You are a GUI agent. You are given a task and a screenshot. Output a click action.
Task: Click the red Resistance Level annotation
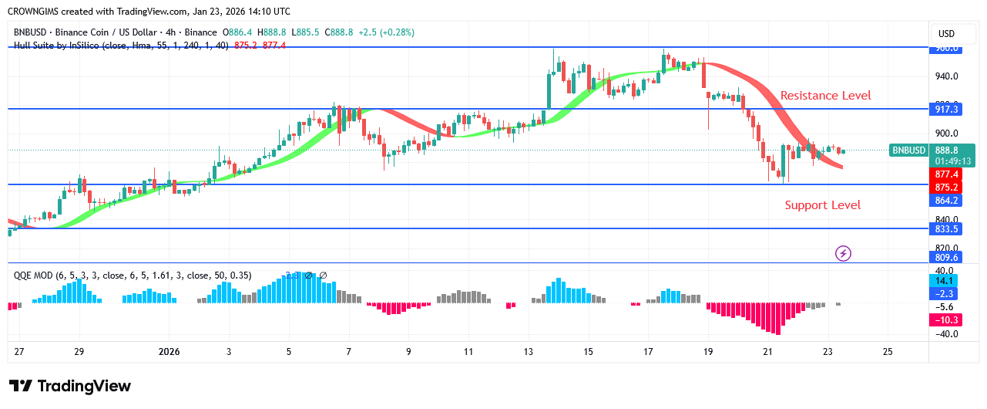click(x=825, y=96)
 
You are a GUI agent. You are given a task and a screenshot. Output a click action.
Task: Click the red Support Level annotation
click(x=822, y=205)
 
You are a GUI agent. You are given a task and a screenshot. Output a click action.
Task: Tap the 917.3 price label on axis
click(x=946, y=110)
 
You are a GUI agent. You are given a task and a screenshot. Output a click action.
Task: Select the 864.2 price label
click(x=946, y=201)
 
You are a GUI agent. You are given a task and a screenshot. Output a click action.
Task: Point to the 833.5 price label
click(x=946, y=229)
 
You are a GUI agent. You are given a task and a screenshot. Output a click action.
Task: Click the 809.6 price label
click(x=946, y=258)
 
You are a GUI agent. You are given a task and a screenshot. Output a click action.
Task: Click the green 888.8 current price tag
click(x=946, y=150)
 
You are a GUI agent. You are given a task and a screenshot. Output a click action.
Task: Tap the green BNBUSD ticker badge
click(x=909, y=150)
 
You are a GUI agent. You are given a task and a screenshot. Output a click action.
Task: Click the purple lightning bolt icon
click(x=844, y=253)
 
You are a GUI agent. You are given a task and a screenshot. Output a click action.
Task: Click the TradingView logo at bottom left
click(x=70, y=386)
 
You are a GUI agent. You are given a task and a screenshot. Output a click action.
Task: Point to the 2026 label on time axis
click(x=169, y=352)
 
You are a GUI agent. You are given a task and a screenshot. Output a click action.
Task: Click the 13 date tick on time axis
click(x=528, y=352)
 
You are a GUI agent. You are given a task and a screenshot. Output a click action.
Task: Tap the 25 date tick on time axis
click(x=887, y=352)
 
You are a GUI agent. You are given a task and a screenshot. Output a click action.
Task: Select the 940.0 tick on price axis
click(x=946, y=76)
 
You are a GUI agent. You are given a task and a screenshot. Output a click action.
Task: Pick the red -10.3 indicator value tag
click(x=946, y=319)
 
